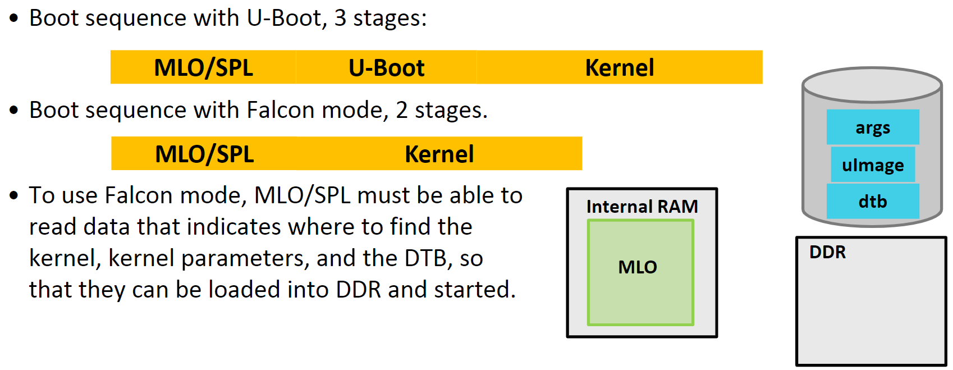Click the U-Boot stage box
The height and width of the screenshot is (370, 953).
(x=386, y=67)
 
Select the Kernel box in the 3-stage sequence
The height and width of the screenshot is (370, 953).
(x=619, y=67)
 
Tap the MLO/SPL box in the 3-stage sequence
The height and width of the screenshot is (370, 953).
(x=203, y=67)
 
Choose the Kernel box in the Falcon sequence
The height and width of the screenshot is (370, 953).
(x=439, y=154)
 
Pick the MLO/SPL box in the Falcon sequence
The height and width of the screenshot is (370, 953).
(x=204, y=154)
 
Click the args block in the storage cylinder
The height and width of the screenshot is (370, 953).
(x=872, y=127)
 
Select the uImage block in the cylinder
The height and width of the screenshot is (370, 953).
(x=872, y=165)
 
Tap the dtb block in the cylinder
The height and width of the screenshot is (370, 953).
(x=872, y=201)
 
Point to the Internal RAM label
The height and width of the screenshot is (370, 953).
(x=642, y=207)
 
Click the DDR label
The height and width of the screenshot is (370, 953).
(x=827, y=252)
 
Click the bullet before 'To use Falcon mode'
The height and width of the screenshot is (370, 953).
(x=14, y=195)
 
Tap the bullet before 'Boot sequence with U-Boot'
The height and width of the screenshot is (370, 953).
(x=14, y=18)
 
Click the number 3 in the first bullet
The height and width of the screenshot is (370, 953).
(x=340, y=18)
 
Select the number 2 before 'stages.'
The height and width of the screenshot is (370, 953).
(x=401, y=110)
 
